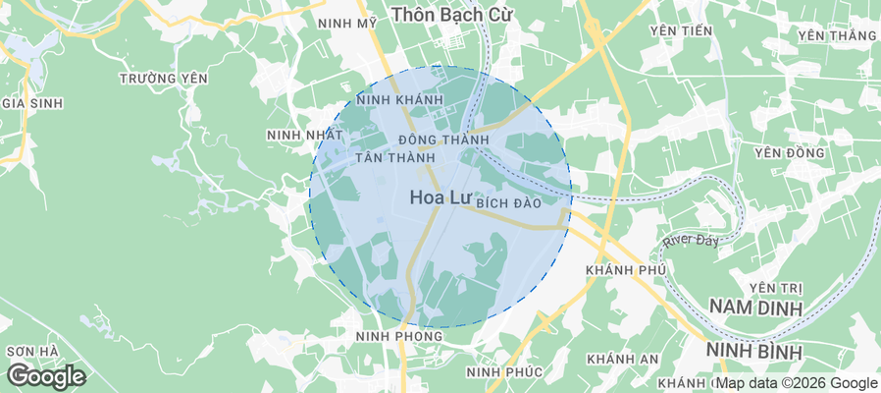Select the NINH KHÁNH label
pyautogui.click(x=400, y=100)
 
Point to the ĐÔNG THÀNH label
pyautogui.click(x=443, y=140)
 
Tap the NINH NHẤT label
pyautogui.click(x=304, y=135)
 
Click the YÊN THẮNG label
pyautogui.click(x=836, y=36)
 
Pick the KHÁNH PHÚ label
pyautogui.click(x=625, y=270)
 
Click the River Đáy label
pyautogui.click(x=692, y=240)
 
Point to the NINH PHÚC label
pyautogui.click(x=504, y=371)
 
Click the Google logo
pyautogui.click(x=46, y=375)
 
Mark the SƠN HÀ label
pyautogui.click(x=32, y=351)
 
